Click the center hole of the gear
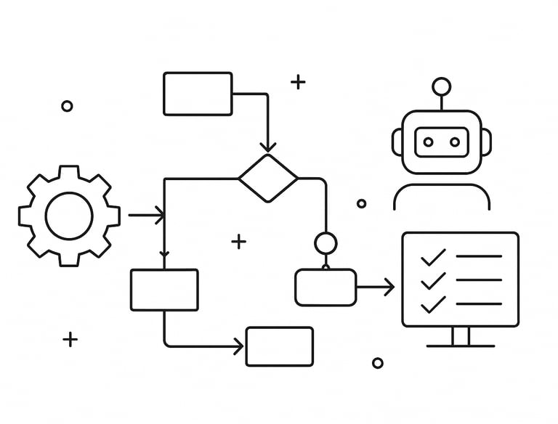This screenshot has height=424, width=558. coord(69,215)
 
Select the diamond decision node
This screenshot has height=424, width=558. coord(268,178)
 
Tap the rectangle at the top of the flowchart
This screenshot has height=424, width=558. coord(198,94)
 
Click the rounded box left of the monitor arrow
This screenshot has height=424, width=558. coord(325,288)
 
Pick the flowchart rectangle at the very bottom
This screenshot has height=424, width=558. coord(280,346)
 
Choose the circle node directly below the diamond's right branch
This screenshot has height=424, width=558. coord(325,242)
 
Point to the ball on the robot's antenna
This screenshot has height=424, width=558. coord(441,87)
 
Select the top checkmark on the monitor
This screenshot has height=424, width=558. coord(433,256)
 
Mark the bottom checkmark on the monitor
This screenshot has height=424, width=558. coord(433,303)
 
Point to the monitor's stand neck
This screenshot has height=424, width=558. coord(461,336)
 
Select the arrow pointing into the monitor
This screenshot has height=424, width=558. coord(376,288)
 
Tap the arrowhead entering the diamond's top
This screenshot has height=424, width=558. coord(268,147)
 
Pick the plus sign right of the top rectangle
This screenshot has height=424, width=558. coord(298,81)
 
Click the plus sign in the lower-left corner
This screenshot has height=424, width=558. coord(70,339)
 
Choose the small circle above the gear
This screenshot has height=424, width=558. coord(67,106)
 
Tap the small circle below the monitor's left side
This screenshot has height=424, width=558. coord(378,363)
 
